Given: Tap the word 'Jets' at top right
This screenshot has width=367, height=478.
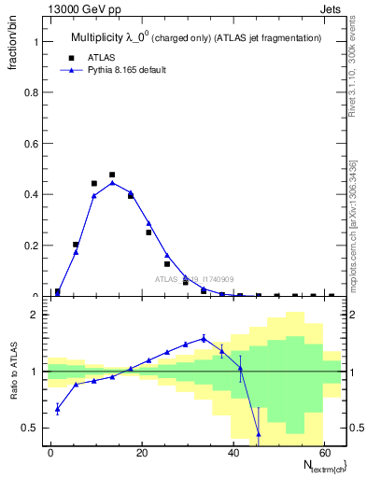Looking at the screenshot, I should (333, 10).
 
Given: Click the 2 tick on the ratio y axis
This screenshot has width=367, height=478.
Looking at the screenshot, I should (36, 315).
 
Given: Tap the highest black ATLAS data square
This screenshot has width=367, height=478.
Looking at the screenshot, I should (112, 175).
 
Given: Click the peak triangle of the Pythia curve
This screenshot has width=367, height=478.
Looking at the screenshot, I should (112, 183).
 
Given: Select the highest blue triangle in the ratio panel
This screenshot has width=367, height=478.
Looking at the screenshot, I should (204, 339).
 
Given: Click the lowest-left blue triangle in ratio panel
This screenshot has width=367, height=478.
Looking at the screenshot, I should (58, 408).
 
